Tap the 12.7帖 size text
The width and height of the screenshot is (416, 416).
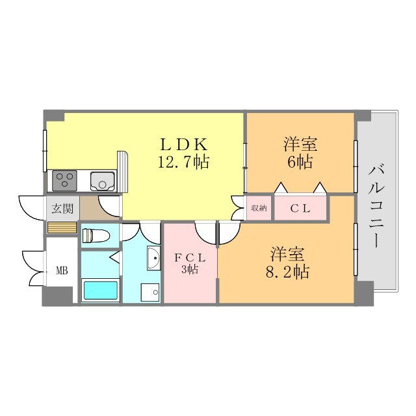(x=185, y=162)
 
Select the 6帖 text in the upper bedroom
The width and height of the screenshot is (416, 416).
(x=300, y=162)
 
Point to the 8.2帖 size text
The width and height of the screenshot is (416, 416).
(x=286, y=271)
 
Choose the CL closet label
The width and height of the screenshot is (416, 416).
(x=300, y=209)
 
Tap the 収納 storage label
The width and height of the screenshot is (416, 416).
(x=259, y=208)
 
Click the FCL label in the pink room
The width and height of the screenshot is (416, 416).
(x=190, y=257)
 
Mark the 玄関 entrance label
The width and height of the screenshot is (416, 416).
(x=62, y=209)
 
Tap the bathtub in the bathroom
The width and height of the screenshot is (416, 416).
(x=99, y=289)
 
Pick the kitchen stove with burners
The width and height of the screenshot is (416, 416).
(x=65, y=179)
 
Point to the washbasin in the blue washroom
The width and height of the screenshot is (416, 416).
(x=153, y=258)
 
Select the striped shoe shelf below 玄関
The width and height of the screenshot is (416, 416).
(x=62, y=227)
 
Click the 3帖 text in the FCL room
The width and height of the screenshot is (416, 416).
(x=190, y=270)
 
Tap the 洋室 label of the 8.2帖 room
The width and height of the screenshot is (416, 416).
(x=286, y=253)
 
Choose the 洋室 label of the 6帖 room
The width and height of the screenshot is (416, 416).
(x=300, y=144)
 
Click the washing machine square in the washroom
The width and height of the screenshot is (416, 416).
(x=151, y=292)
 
